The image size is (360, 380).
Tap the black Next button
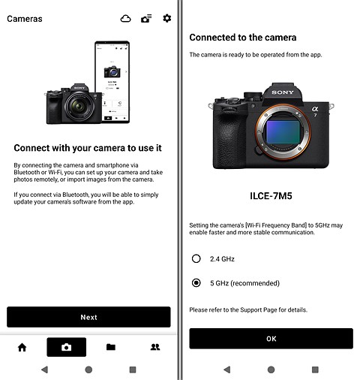click(x=88, y=317)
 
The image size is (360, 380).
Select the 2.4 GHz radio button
click(x=196, y=258)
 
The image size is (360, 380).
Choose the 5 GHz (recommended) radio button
click(x=196, y=283)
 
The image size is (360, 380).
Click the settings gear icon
click(x=166, y=18)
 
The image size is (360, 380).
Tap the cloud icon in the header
click(x=125, y=18)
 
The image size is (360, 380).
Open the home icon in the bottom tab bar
click(x=22, y=347)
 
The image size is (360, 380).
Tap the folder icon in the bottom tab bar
click(x=110, y=347)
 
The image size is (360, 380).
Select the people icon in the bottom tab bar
click(x=155, y=347)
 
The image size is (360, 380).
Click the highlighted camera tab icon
click(x=66, y=347)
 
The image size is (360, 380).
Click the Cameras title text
click(x=25, y=19)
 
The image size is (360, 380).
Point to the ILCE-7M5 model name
click(x=271, y=197)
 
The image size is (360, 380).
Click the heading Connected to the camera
click(x=242, y=38)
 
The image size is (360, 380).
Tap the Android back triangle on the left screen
click(x=44, y=369)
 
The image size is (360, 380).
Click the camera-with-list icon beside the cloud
click(x=145, y=18)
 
